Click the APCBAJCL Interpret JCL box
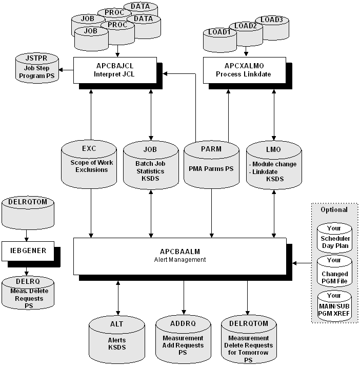117,69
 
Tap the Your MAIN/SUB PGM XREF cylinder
334,306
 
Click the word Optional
334,209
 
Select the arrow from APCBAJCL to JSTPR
66,70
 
